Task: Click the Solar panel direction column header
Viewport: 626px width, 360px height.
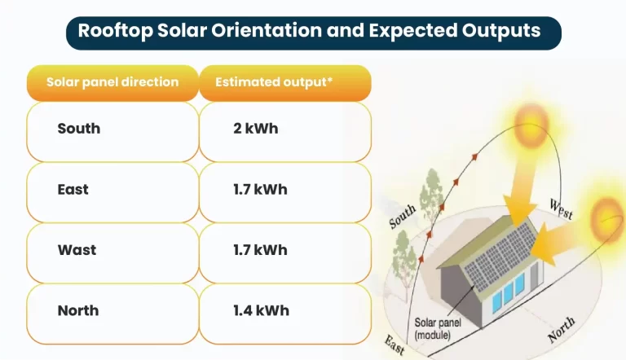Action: click(x=112, y=82)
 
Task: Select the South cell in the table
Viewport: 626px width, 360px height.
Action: click(x=79, y=129)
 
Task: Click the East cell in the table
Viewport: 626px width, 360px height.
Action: click(x=73, y=190)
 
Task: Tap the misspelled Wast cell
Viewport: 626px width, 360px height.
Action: click(x=77, y=250)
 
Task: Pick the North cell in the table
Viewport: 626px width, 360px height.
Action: click(x=78, y=310)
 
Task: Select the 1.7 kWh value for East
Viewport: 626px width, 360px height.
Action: click(x=260, y=190)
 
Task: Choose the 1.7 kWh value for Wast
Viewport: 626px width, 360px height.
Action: click(x=260, y=250)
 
